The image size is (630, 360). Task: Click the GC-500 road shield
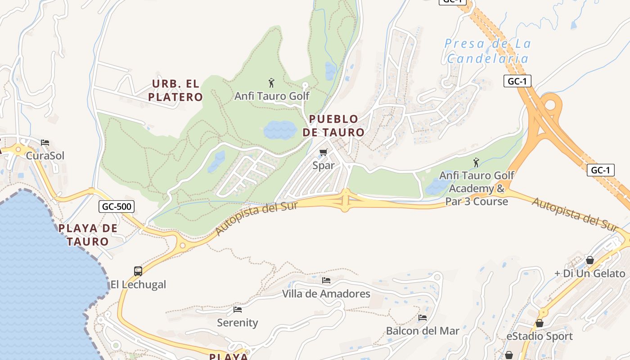117,207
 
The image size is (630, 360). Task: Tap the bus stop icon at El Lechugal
138,271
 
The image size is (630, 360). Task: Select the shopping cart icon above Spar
323,153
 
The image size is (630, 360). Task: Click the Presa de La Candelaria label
488,51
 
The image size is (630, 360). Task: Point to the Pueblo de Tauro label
333,126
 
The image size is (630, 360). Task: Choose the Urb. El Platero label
175,90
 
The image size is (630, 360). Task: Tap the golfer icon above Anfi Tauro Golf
271,83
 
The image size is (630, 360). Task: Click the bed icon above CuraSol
45,143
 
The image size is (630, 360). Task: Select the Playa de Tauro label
88,234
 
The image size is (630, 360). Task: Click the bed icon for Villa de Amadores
326,280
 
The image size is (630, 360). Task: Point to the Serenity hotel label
238,323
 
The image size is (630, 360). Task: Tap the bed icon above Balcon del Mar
423,318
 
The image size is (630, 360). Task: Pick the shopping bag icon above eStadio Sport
540,323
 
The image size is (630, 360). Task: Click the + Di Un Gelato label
589,273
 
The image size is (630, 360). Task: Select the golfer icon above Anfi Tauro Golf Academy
476,162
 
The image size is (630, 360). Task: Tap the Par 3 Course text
477,201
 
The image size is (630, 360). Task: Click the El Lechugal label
139,284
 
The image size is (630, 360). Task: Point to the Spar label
324,165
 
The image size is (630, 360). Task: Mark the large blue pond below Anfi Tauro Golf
280,130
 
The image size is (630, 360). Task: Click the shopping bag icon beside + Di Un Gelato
590,260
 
